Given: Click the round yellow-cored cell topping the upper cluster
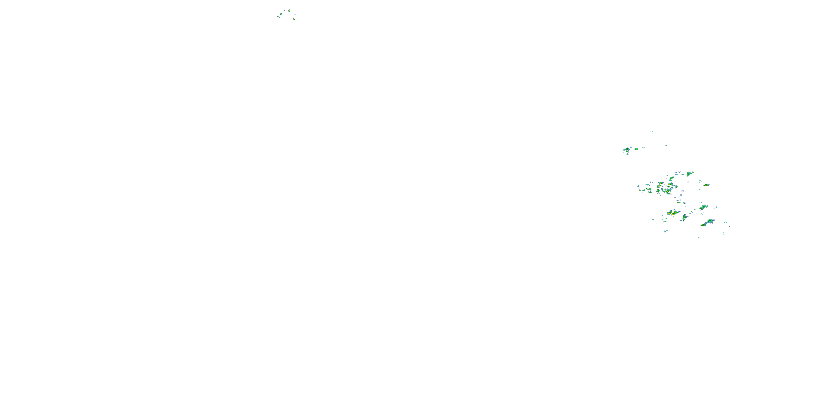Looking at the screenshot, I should [289, 11].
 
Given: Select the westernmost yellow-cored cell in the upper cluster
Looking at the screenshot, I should [280, 14].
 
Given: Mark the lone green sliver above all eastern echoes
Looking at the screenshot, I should [653, 131].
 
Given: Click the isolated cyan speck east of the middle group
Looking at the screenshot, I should [666, 146].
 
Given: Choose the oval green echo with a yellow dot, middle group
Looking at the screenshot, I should [636, 149].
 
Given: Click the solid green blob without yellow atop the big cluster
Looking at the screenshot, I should [689, 174].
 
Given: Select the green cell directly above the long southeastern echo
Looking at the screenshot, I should [703, 207].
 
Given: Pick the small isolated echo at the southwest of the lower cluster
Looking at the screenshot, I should [666, 231].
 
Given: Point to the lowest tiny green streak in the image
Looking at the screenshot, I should [698, 237].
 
